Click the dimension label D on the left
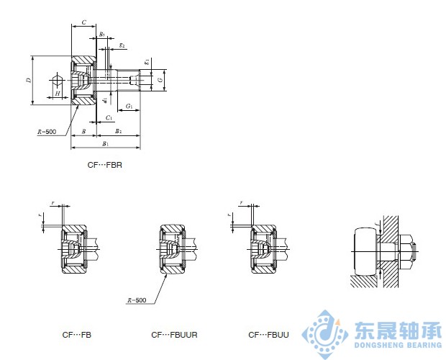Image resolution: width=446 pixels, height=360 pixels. coord(28,80)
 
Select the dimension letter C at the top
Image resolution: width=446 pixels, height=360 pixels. coord(83,23)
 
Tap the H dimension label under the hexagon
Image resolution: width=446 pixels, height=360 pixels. coord(58,94)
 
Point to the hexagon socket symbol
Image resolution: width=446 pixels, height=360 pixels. coord(57,79)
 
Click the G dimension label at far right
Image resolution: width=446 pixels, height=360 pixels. coord(160,80)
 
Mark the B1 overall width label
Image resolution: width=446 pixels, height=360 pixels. coord(106,144)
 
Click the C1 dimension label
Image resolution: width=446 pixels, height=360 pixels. coord(108,117)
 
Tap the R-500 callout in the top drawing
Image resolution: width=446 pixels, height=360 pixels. coord(46,132)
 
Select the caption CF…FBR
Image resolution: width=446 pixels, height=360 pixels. coord(104,166)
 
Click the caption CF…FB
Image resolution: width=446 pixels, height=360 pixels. coord(76,335)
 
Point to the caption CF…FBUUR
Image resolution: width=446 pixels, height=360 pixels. coord(174,335)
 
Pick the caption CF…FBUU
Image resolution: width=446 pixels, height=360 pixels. coord(268,335)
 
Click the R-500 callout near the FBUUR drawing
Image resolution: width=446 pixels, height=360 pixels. coord(135,300)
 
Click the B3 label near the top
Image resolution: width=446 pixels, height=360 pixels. coord(102,34)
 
